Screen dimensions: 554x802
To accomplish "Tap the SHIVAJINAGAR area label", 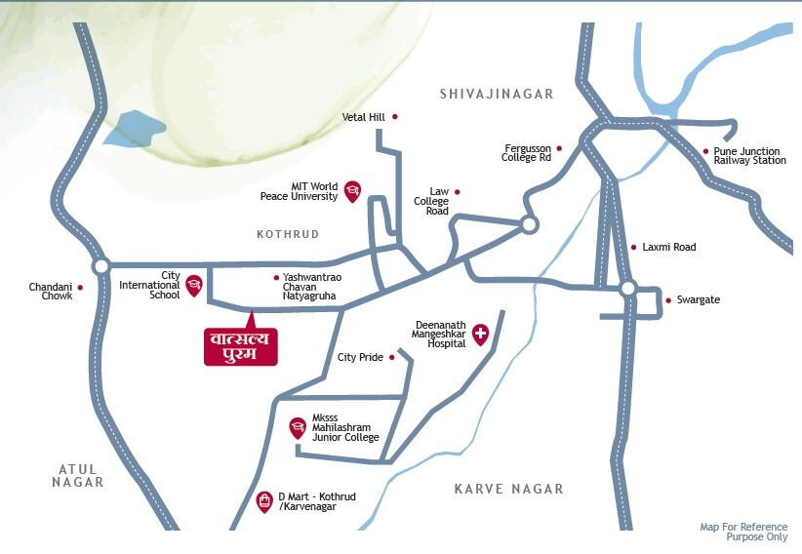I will [497, 95].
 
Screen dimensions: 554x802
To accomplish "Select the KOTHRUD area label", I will [288, 235].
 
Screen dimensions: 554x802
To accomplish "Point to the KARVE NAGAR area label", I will [508, 489].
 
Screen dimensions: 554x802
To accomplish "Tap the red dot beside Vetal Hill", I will [395, 117].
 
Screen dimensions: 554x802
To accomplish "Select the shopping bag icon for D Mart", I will [263, 501].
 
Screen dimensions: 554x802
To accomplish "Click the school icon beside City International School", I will [194, 284].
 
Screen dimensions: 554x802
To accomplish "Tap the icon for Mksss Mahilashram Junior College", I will [298, 427].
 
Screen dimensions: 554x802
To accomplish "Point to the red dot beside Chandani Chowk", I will [80, 288].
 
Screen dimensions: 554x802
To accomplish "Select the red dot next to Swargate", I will [668, 300].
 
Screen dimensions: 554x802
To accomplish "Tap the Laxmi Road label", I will [668, 248].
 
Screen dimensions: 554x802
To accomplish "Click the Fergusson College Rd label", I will [526, 151].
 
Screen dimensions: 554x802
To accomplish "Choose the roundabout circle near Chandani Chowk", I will [100, 265].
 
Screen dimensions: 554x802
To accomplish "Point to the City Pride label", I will [360, 358].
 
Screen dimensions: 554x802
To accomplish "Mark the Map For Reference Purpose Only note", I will [742, 532].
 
